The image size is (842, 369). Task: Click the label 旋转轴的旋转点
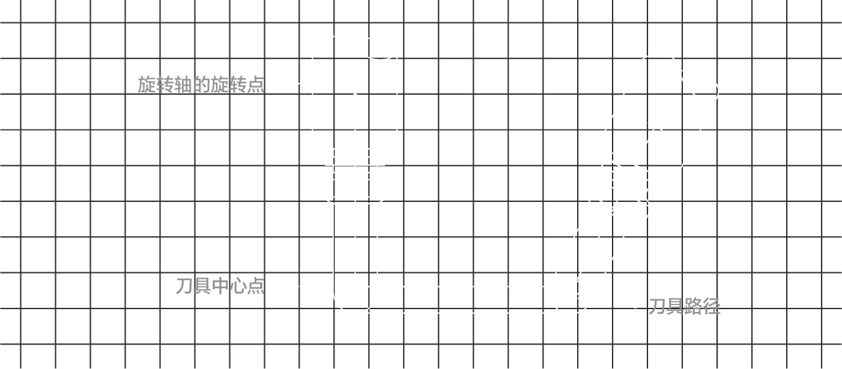coord(200,84)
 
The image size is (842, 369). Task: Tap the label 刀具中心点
coord(220,286)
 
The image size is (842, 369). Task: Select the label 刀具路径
coord(684,307)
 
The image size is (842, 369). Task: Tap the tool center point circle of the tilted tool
coord(573,287)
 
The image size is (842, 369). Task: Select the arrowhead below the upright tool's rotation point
coord(355,99)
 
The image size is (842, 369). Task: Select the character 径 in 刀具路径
coord(711,307)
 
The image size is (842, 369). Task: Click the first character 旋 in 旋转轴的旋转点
coord(147,84)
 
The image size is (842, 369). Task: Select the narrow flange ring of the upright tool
coord(355,160)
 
